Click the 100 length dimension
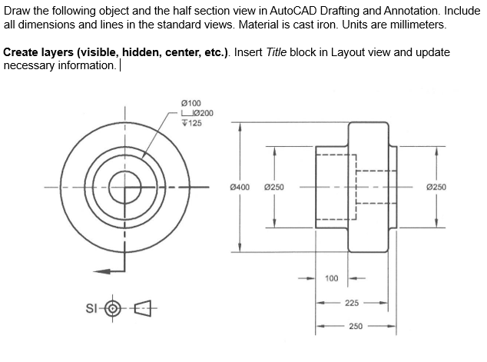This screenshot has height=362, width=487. (333, 277)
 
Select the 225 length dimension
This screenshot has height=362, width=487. (352, 303)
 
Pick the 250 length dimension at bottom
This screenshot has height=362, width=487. (355, 326)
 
